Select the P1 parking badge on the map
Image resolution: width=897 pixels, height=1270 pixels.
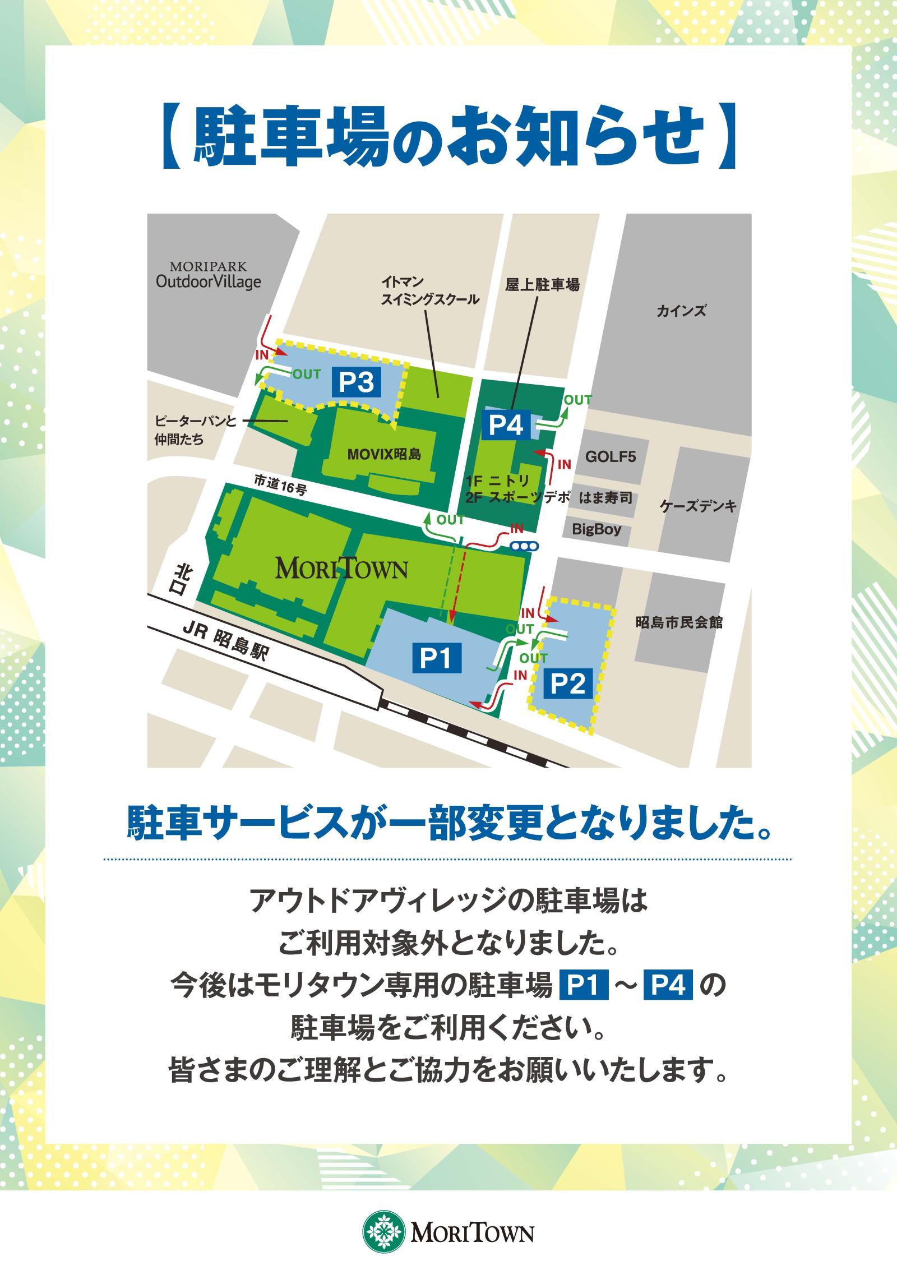click(436, 658)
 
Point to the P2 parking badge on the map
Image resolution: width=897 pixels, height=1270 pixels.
click(568, 685)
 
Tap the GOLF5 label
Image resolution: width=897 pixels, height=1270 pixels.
click(611, 456)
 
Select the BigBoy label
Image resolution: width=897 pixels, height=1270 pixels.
click(597, 529)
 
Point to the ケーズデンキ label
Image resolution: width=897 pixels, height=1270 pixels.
click(697, 507)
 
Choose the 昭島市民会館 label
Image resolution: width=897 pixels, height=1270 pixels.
click(679, 622)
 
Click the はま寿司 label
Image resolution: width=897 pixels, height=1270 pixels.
click(607, 497)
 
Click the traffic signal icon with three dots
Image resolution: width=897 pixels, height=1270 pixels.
click(525, 544)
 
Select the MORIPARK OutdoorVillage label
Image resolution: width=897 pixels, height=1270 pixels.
click(209, 275)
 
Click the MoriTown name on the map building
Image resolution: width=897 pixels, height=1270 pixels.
click(341, 570)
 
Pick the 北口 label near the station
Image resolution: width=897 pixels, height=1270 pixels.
click(183, 580)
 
